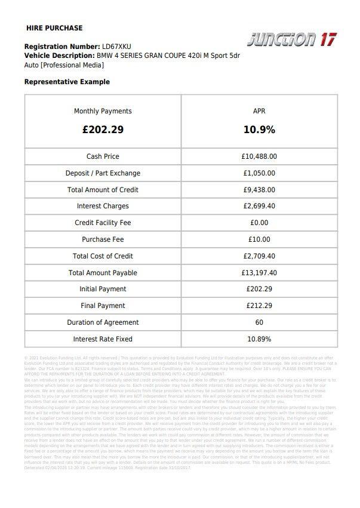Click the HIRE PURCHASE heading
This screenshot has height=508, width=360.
pos(54,28)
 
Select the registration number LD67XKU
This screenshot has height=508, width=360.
pos(116,46)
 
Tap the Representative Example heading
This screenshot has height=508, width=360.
pos(67,82)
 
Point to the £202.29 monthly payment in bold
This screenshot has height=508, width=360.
pos(103,130)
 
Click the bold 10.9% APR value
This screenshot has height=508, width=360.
pos(259,130)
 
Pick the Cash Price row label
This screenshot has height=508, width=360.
pos(103,156)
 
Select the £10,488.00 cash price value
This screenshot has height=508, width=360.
pos(259,156)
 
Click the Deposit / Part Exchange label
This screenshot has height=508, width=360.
pos(103,173)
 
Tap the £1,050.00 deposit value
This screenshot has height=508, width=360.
pos(259,173)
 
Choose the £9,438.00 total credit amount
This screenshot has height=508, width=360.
pos(259,190)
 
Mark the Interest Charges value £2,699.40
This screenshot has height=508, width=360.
pos(259,207)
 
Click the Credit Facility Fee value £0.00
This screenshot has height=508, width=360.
pos(259,223)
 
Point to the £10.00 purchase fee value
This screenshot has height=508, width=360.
pos(259,239)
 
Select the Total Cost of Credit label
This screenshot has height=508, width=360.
pos(103,256)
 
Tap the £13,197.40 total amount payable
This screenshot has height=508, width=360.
pos(259,273)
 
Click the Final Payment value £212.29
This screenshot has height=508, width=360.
pos(259,306)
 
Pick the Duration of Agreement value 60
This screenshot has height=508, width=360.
pos(259,322)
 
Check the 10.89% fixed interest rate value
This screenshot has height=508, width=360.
pos(259,339)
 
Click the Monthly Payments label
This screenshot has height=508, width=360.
pos(103,111)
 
